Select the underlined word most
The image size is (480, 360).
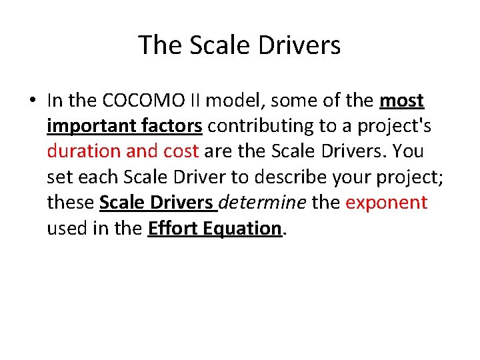click(x=401, y=101)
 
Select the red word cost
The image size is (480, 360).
click(x=179, y=151)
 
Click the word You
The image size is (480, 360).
click(x=408, y=151)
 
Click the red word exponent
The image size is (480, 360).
click(x=387, y=202)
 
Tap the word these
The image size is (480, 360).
click(x=71, y=202)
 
